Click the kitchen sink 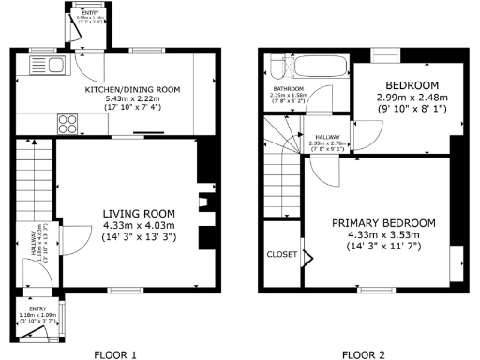tap(44, 65)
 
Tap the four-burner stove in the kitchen tap(67, 122)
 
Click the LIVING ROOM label tap(139, 213)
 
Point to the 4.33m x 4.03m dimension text tap(139, 225)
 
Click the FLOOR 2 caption tap(364, 354)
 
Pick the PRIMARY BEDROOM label tap(384, 222)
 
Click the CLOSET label tap(281, 254)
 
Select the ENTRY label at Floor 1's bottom tap(37, 307)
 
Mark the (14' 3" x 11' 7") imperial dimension tap(384, 246)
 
